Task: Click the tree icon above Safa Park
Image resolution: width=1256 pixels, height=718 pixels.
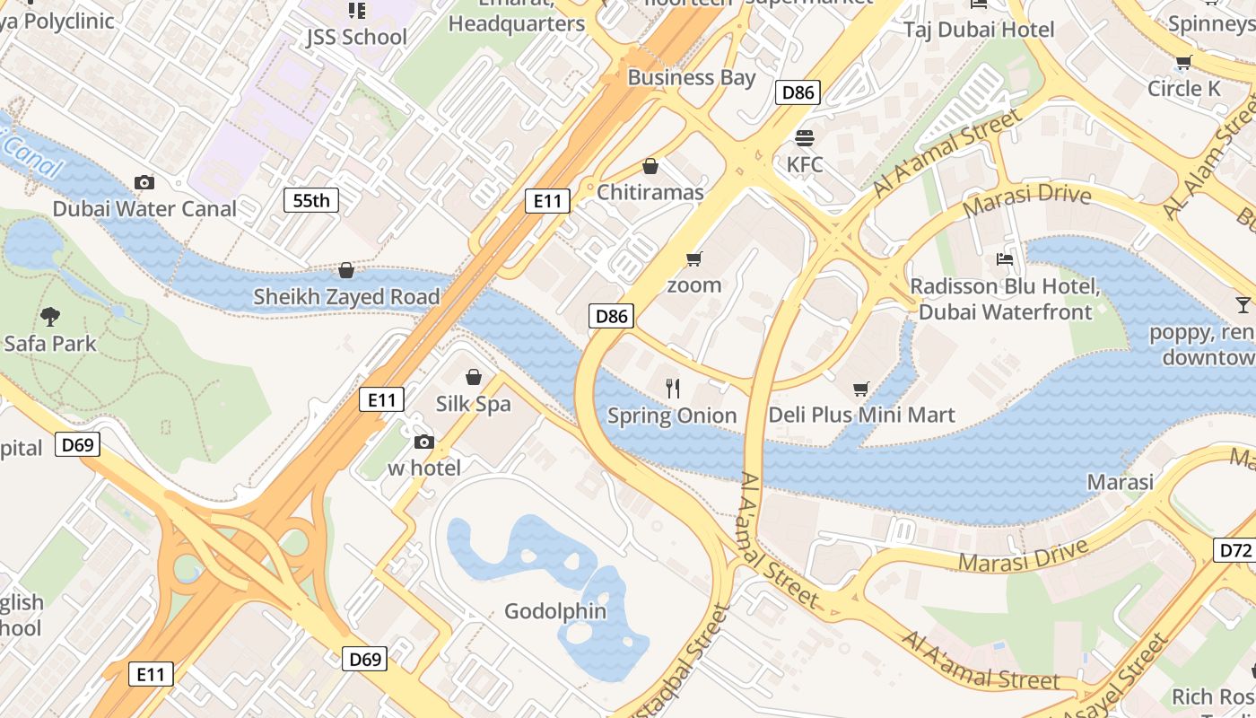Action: click(x=50, y=316)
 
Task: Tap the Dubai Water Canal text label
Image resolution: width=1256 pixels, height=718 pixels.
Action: click(x=144, y=209)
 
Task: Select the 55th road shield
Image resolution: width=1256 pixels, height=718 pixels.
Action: click(x=311, y=200)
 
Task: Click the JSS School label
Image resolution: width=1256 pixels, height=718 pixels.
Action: click(x=356, y=37)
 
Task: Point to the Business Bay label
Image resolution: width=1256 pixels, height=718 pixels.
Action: click(x=692, y=77)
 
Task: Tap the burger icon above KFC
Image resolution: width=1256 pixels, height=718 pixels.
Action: click(x=804, y=138)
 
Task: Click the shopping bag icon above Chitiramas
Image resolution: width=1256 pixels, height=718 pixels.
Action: click(x=650, y=166)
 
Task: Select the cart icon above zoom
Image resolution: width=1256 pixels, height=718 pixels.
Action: click(x=693, y=259)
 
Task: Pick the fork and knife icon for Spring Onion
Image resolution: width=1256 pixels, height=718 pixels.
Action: click(x=673, y=389)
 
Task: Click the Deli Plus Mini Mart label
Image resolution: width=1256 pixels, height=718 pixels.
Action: click(x=861, y=415)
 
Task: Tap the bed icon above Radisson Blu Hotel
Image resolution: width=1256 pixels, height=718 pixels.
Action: click(x=1005, y=260)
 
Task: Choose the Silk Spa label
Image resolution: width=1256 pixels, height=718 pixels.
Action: click(x=473, y=404)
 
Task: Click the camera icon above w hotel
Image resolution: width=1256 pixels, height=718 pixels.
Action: click(x=424, y=442)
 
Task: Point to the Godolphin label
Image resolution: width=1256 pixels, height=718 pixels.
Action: click(x=555, y=611)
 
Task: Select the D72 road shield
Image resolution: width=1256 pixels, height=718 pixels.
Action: click(x=1234, y=549)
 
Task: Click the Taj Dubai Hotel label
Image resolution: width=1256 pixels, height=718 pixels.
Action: click(x=979, y=30)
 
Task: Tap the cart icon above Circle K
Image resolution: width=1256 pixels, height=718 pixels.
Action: click(x=1183, y=63)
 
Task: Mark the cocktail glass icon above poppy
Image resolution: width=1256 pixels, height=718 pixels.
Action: click(x=1243, y=305)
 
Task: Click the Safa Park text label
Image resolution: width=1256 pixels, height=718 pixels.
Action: click(x=50, y=343)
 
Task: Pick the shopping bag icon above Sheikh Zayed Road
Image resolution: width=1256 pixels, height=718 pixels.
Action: click(x=346, y=270)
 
